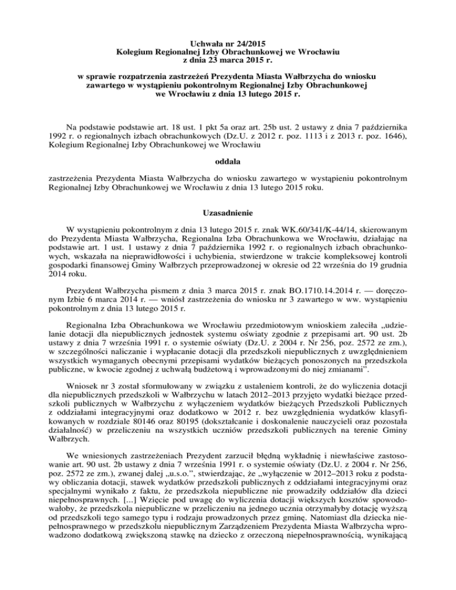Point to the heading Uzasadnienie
[228, 212]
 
